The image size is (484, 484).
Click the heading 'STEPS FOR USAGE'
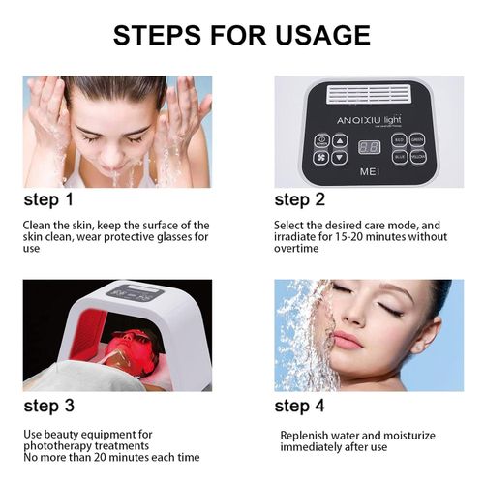(x=242, y=36)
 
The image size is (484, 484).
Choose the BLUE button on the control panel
(x=399, y=155)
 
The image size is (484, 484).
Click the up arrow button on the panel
(x=339, y=140)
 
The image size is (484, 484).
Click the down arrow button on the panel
(x=339, y=157)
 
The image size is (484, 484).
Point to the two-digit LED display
(x=368, y=148)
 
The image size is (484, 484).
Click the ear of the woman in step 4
(x=422, y=343)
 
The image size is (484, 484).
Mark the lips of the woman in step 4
(x=346, y=341)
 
